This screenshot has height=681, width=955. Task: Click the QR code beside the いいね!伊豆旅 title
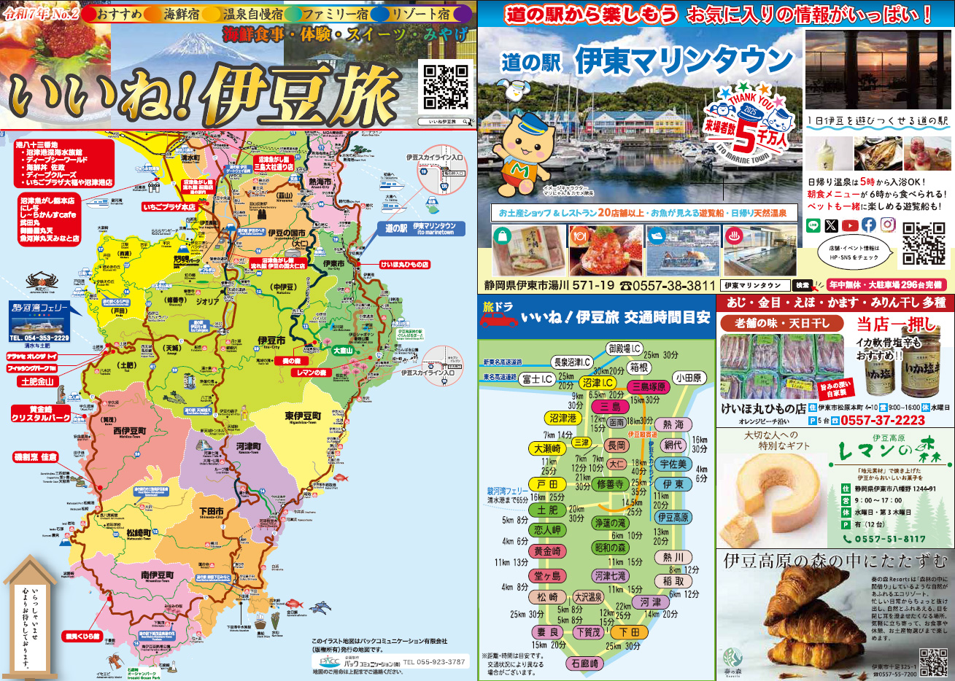click(446, 87)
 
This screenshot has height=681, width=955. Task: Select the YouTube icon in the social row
click(850, 225)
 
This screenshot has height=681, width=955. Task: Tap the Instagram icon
click(887, 225)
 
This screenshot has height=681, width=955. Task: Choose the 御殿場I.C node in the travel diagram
click(625, 349)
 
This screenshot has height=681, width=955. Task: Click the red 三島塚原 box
click(648, 386)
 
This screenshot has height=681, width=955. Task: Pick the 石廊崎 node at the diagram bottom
click(585, 664)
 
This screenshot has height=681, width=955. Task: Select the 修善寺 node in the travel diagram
click(610, 483)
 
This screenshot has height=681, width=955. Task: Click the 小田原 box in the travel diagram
click(687, 378)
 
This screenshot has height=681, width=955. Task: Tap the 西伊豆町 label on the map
click(130, 431)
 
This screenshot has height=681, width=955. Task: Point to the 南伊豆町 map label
click(157, 576)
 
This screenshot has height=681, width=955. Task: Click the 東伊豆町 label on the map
click(303, 416)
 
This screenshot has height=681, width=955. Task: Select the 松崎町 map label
click(138, 534)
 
